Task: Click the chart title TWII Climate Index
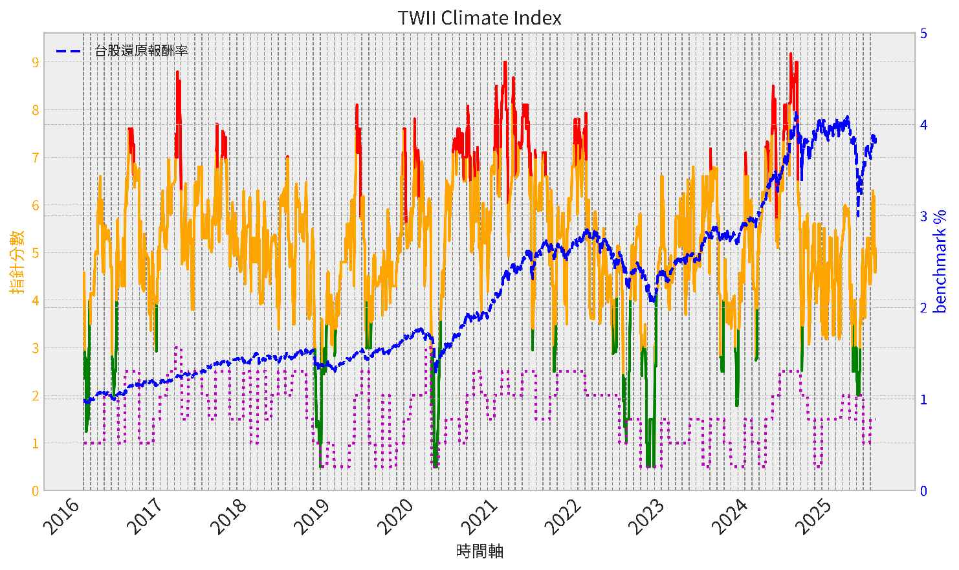tap(479, 17)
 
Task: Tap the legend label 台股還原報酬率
tap(141, 50)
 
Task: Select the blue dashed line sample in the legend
tap(69, 50)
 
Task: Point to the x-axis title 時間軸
tap(479, 552)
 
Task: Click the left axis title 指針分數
tap(17, 261)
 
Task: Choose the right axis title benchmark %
tap(942, 261)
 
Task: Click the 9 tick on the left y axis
tap(35, 63)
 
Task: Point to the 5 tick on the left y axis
tap(35, 253)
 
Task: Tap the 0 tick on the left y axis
tap(35, 491)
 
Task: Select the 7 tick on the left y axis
tap(35, 158)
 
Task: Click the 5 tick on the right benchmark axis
tap(923, 33)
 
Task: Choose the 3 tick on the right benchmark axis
tap(923, 216)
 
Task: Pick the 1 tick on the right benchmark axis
tap(923, 399)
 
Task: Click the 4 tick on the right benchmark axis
tap(923, 124)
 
